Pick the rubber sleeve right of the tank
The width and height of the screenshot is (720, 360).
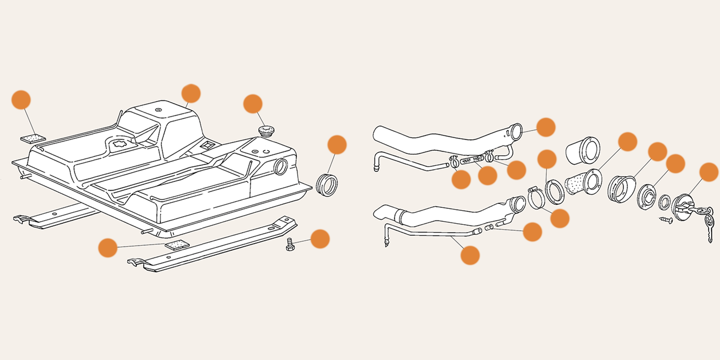[x=327, y=184]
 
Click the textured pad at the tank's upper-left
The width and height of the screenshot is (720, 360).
[x=35, y=138]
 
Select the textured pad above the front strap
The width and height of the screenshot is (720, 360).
[x=176, y=245]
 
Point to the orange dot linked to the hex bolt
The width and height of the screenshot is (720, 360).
[x=320, y=239]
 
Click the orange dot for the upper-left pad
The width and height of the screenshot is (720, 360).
[x=21, y=100]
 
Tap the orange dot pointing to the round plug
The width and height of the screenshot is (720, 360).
[x=253, y=104]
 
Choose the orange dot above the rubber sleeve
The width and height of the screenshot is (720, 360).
[x=337, y=145]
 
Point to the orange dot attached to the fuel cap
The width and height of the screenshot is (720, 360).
[x=709, y=172]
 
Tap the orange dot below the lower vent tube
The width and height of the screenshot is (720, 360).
[x=470, y=255]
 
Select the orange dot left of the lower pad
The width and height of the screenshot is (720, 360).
[x=108, y=248]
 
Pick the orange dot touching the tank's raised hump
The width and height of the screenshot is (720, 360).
[x=191, y=93]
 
